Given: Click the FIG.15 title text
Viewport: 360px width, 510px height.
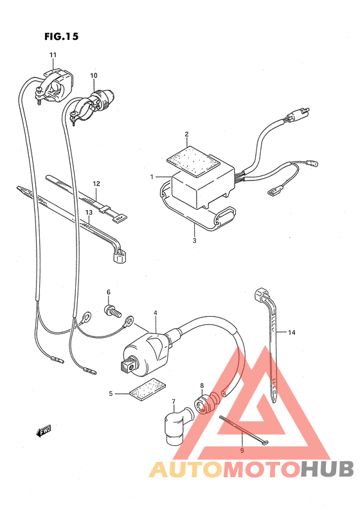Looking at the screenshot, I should (62, 37).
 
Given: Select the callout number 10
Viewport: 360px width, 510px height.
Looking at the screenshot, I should (93, 76).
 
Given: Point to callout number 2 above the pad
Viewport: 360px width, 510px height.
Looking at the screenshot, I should (186, 134).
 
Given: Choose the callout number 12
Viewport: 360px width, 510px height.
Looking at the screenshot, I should (96, 184).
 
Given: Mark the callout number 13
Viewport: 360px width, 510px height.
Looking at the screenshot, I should (89, 212).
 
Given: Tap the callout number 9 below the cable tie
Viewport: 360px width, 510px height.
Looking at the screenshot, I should (242, 451).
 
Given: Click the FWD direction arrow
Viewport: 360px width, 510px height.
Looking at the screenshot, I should (44, 431).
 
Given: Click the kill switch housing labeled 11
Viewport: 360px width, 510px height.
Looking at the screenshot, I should (59, 80).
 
